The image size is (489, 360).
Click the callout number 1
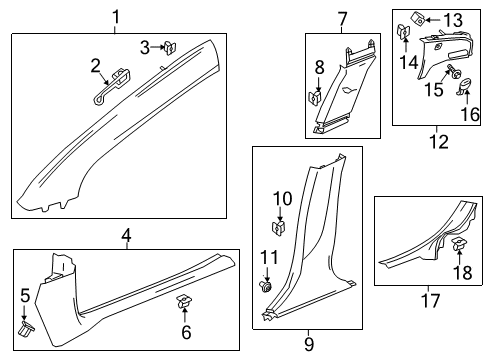[x=116, y=16]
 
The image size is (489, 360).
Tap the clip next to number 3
[x=171, y=46]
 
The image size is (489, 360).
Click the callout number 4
[x=126, y=236]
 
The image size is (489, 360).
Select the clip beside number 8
[x=317, y=98]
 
